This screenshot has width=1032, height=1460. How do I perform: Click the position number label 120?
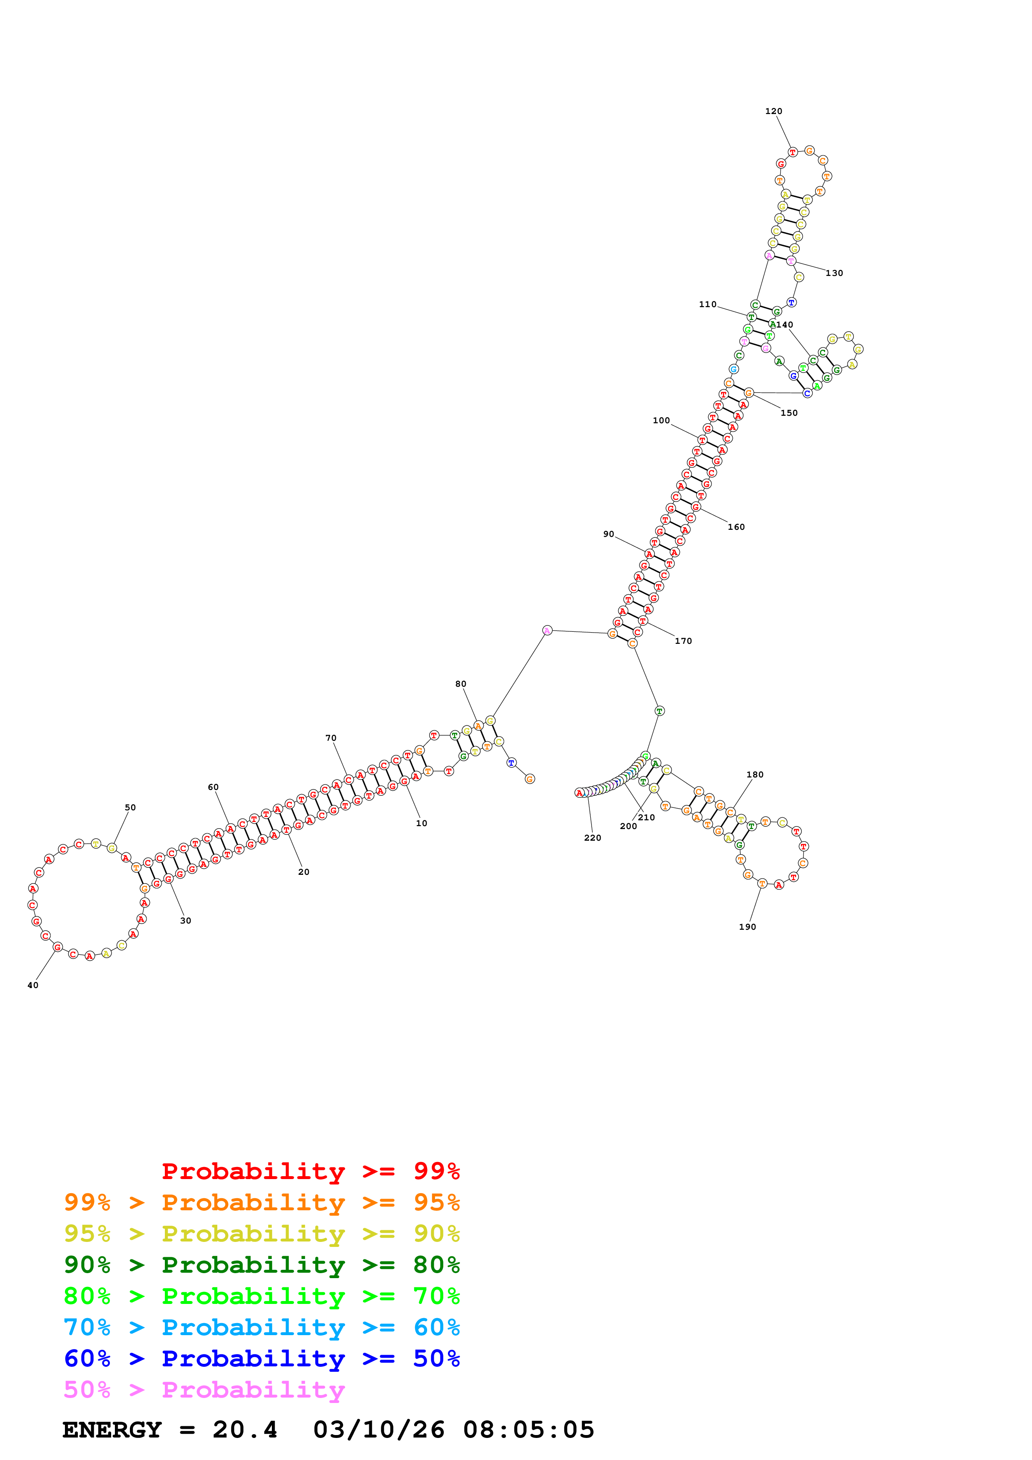(x=773, y=111)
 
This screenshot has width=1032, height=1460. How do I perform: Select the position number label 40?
(x=32, y=985)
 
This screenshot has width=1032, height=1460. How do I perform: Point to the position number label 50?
(x=130, y=807)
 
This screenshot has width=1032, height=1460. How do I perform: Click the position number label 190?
(x=747, y=927)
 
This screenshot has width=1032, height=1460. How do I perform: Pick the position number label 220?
(x=592, y=838)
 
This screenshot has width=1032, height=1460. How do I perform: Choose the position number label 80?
(x=460, y=684)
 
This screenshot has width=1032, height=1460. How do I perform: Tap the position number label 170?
(x=683, y=641)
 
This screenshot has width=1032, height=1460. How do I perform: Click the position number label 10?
(x=421, y=824)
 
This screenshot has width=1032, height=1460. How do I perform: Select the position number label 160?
(x=736, y=527)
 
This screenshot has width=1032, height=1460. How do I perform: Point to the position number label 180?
(x=755, y=775)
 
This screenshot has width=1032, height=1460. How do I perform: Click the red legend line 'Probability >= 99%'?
(x=310, y=1171)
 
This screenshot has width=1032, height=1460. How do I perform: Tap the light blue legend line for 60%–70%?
(x=261, y=1327)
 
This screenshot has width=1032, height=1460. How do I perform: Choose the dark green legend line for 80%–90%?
(x=261, y=1265)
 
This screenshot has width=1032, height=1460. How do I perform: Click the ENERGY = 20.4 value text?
(x=170, y=1430)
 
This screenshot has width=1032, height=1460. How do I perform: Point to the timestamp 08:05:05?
(x=528, y=1430)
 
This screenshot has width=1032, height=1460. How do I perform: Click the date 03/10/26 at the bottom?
(x=378, y=1430)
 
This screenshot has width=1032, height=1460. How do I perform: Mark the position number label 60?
(x=213, y=787)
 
